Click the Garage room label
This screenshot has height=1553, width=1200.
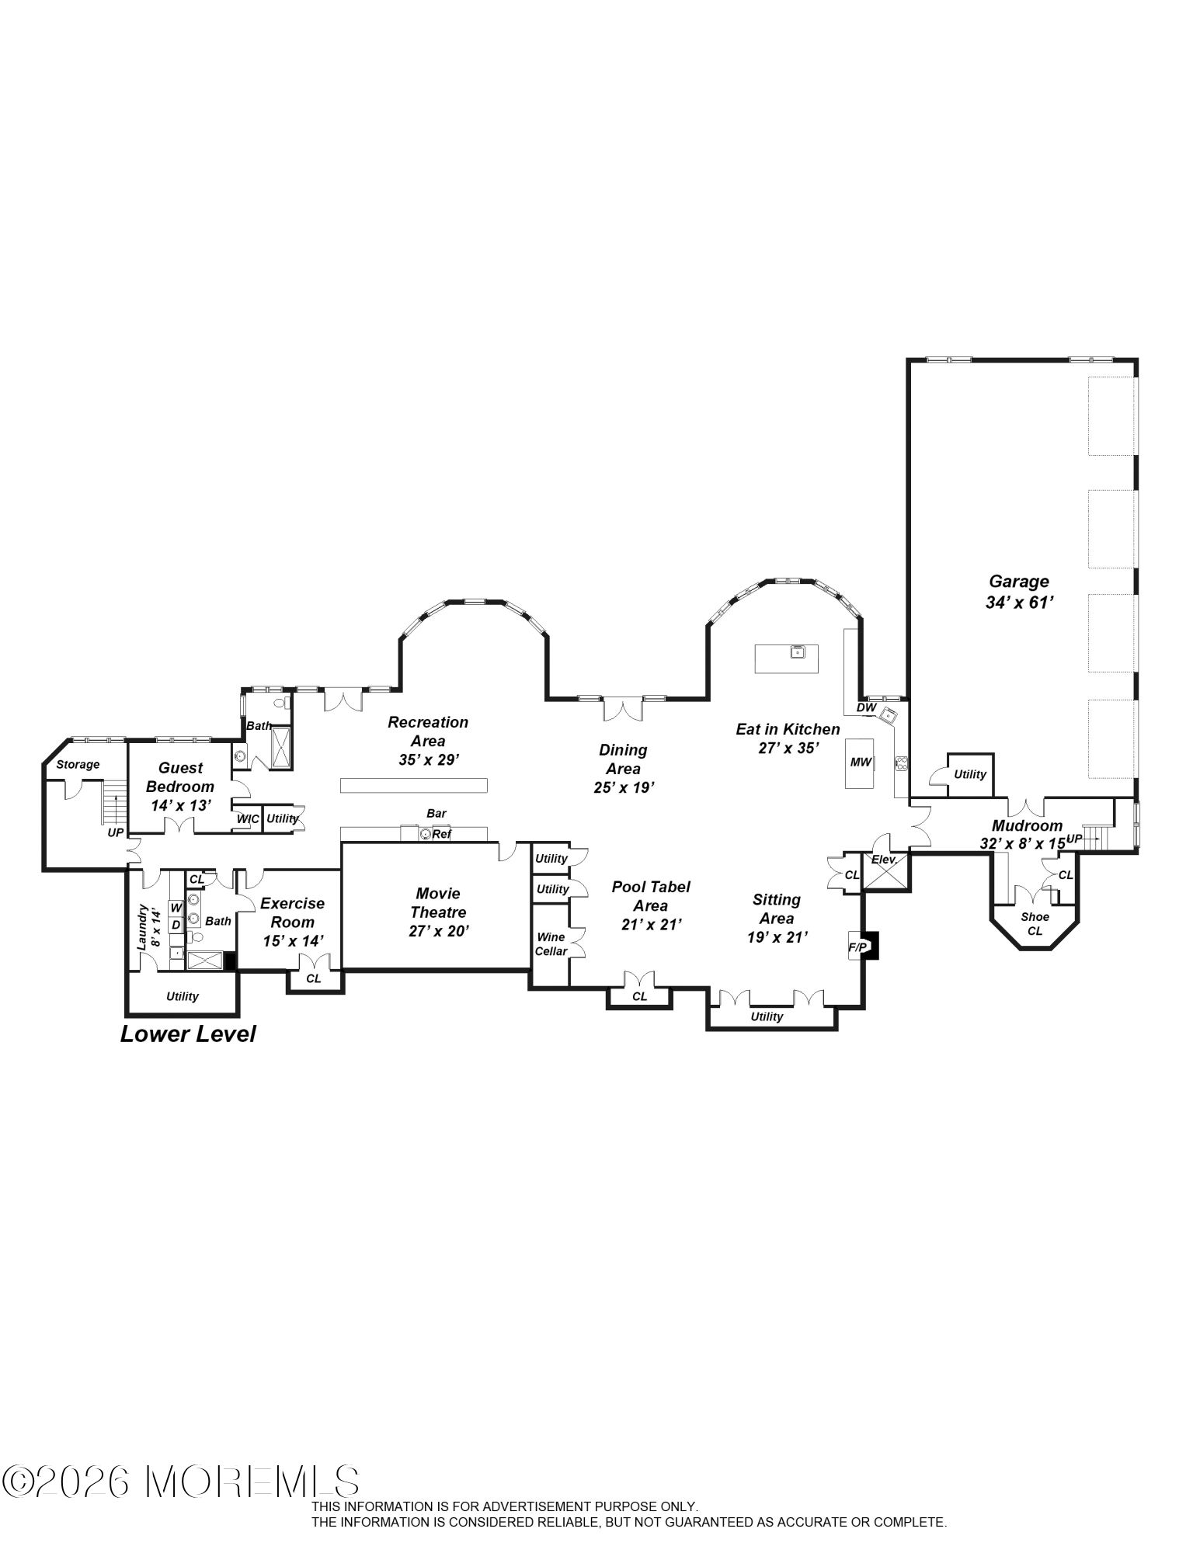pyautogui.click(x=1018, y=581)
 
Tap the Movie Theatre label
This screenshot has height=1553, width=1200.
pyautogui.click(x=438, y=902)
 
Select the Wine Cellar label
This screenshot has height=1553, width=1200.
pyautogui.click(x=551, y=944)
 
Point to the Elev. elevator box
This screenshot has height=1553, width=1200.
pyautogui.click(x=885, y=871)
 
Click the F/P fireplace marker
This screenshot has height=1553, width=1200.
pyautogui.click(x=857, y=947)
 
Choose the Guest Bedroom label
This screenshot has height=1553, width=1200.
pyautogui.click(x=180, y=776)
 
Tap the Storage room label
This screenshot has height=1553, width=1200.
pyautogui.click(x=78, y=764)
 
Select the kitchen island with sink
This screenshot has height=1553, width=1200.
pyautogui.click(x=786, y=658)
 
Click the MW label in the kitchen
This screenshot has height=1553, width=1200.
pyautogui.click(x=861, y=762)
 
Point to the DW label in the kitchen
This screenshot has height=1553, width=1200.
pyautogui.click(x=866, y=707)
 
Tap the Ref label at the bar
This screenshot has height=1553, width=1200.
pyautogui.click(x=441, y=834)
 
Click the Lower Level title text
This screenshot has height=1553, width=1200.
pyautogui.click(x=188, y=1034)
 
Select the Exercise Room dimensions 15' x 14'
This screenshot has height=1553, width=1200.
pyautogui.click(x=293, y=940)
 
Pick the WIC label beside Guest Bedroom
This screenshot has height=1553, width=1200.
pyautogui.click(x=248, y=819)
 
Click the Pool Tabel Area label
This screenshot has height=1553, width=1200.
pyautogui.click(x=651, y=896)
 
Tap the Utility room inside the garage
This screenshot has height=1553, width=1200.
pyautogui.click(x=969, y=774)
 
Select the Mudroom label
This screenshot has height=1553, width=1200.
pyautogui.click(x=1026, y=825)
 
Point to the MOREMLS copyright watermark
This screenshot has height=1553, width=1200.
pyautogui.click(x=180, y=1482)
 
